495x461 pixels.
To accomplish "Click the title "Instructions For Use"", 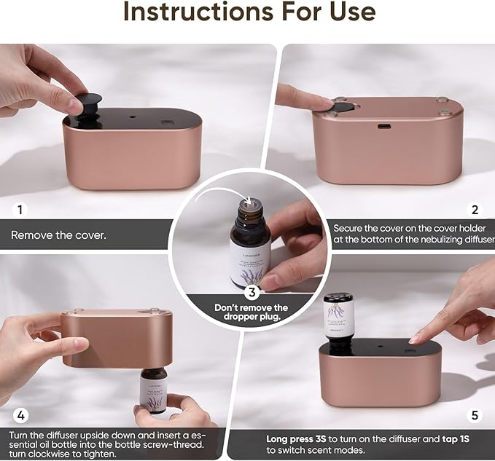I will (x=249, y=14).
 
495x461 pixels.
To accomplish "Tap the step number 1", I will (x=20, y=210).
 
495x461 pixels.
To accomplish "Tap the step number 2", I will (x=475, y=210).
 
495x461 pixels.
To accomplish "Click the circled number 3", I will (x=251, y=293).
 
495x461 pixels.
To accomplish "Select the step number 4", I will (x=21, y=416).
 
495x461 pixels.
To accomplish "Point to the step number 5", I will (x=475, y=416).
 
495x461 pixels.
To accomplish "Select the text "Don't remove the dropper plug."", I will (x=251, y=312).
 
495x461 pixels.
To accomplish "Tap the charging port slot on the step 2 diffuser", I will (x=383, y=125).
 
